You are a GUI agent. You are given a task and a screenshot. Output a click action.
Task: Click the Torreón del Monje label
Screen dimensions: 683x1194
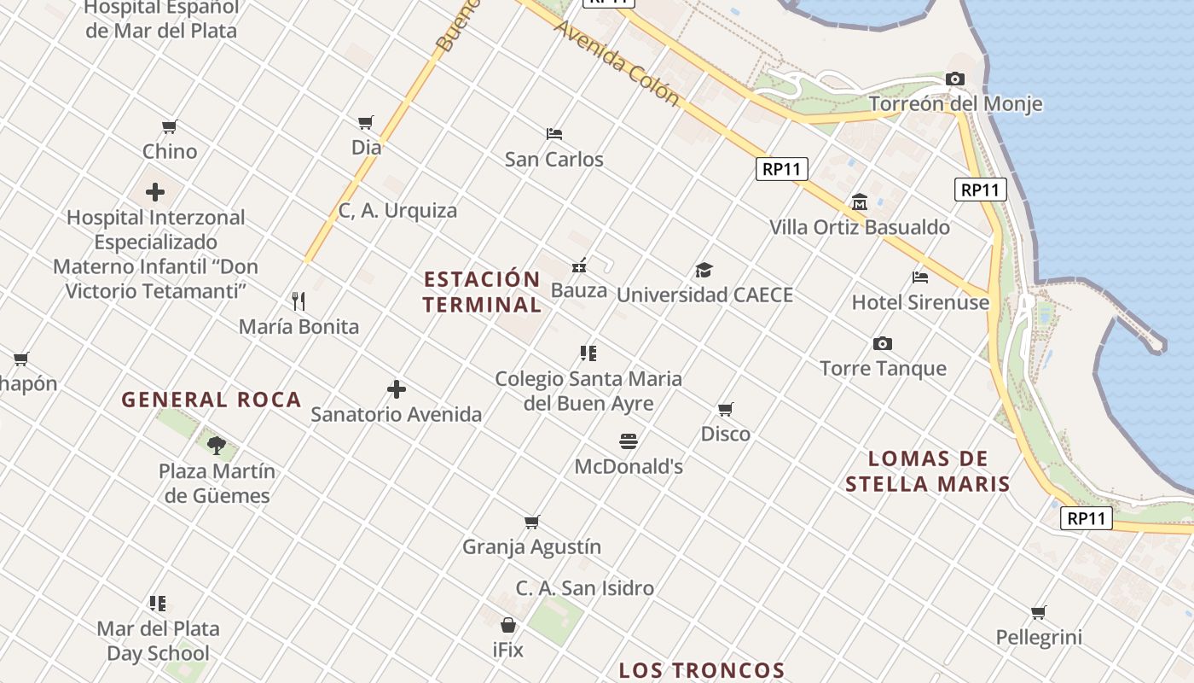pos(955,104)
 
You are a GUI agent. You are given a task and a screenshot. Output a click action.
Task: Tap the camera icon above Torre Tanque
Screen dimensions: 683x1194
pos(883,344)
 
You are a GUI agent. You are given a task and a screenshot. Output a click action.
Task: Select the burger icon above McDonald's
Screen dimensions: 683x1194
pos(629,441)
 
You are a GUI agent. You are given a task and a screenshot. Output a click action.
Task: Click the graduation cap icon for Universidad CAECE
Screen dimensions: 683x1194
pos(704,271)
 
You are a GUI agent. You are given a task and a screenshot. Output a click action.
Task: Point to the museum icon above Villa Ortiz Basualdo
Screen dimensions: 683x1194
pos(860,202)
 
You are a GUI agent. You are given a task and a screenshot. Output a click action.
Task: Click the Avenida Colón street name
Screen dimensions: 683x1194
pos(617,64)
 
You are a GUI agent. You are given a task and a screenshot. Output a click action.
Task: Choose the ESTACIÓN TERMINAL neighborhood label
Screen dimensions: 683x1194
pos(482,292)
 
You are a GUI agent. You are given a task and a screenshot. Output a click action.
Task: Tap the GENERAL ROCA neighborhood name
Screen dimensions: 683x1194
pos(212,400)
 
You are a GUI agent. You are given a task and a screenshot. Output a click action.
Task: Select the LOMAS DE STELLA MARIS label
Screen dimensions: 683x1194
pos(928,471)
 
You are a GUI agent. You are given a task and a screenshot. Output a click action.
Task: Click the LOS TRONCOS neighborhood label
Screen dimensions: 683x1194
pos(702,670)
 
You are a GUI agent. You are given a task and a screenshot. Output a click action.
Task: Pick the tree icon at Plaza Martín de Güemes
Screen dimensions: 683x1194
pos(217,445)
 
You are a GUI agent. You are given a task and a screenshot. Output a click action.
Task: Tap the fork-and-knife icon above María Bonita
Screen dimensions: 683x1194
pos(298,301)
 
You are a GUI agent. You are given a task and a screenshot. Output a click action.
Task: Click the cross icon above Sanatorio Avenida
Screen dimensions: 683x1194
pos(397,390)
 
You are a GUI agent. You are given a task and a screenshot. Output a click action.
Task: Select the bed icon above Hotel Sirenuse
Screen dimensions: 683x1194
pos(920,277)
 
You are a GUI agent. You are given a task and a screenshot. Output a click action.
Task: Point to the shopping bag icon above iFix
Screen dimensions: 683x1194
pos(508,625)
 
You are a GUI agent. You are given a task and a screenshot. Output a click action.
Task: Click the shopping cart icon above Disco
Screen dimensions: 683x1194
pos(726,409)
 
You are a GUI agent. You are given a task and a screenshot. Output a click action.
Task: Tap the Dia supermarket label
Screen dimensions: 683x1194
pos(367,148)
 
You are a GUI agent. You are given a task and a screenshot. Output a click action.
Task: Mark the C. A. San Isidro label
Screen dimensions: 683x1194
pos(585,588)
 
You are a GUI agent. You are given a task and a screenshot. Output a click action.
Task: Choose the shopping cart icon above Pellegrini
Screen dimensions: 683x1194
pos(1039,612)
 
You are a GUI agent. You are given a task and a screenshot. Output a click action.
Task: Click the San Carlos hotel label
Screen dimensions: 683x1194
pos(554,160)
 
